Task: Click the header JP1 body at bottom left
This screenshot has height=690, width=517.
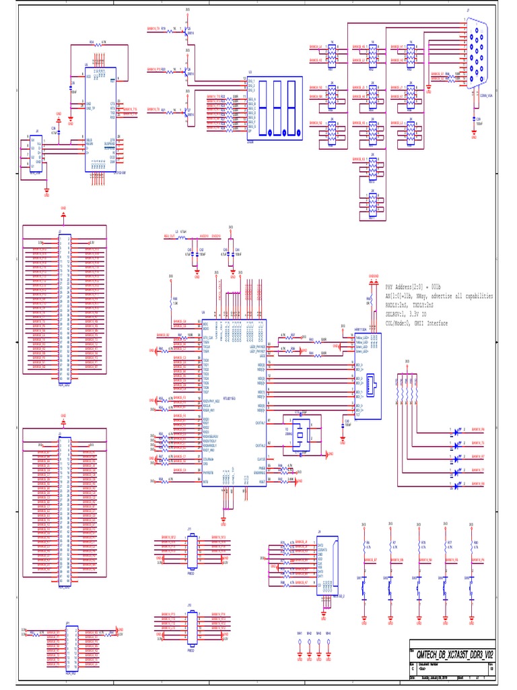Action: (71, 648)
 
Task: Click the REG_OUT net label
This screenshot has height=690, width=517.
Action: (169, 237)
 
